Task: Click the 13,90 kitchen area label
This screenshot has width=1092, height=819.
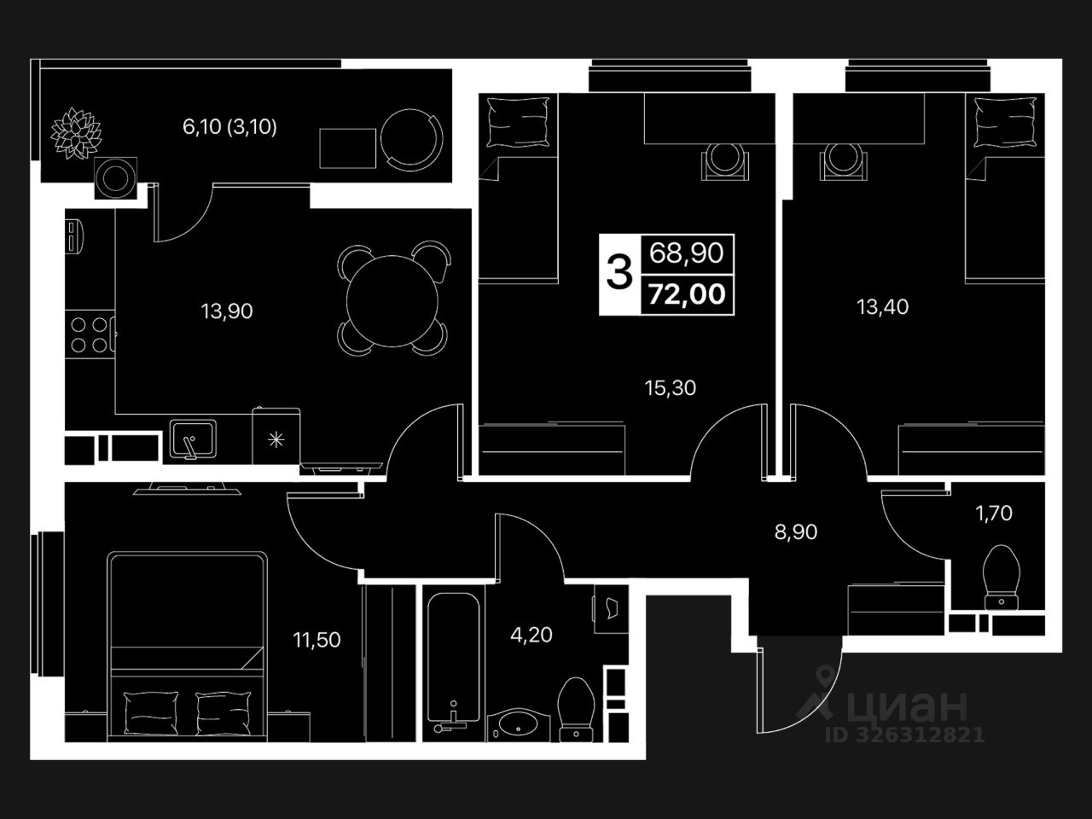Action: [227, 311]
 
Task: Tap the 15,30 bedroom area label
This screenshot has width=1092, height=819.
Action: [670, 388]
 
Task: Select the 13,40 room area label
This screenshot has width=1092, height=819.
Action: [883, 305]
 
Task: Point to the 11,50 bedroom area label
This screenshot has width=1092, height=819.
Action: [317, 639]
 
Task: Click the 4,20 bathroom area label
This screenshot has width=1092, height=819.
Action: [531, 635]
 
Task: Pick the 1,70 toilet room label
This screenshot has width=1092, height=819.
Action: [995, 513]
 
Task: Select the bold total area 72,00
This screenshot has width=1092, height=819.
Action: [687, 294]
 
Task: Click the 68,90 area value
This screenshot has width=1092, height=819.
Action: [687, 253]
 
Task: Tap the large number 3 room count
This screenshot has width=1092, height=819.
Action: [619, 273]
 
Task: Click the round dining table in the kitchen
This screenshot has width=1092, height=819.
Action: [392, 298]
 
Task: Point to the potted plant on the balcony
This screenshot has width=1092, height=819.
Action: [76, 133]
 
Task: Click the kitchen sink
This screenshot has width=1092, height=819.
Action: [193, 439]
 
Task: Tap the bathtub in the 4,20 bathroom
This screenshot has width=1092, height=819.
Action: [452, 657]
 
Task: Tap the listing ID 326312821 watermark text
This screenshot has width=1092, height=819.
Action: [904, 735]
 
